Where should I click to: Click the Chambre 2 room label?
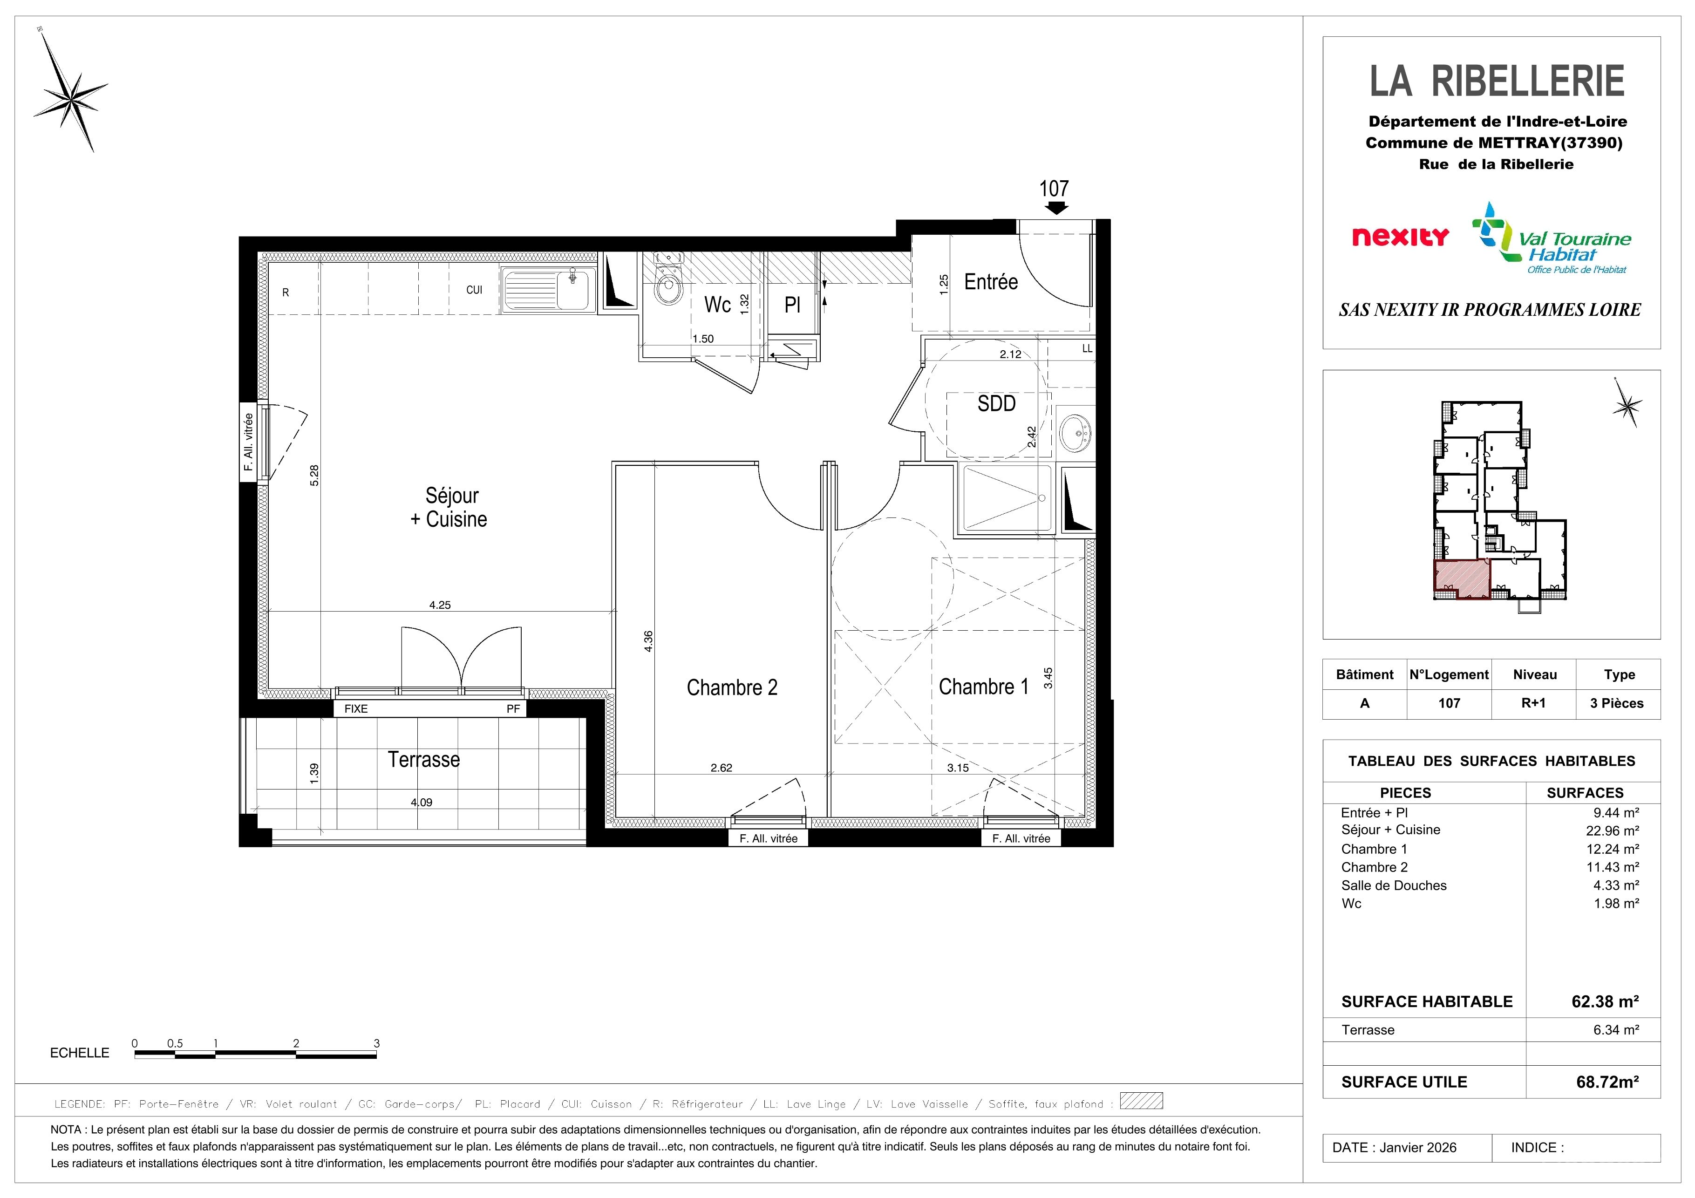(x=732, y=687)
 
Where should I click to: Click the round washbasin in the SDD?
(x=1075, y=432)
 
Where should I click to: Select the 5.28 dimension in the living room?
(x=314, y=475)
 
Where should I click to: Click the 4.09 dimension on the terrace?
(x=422, y=803)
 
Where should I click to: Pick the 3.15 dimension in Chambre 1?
(x=958, y=768)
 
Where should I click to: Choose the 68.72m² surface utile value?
(x=1607, y=1082)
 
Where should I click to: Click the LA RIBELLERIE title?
(x=1497, y=81)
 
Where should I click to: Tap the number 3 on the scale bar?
(x=376, y=1043)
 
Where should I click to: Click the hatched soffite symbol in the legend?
(x=1141, y=1101)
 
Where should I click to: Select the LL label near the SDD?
(x=1087, y=348)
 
